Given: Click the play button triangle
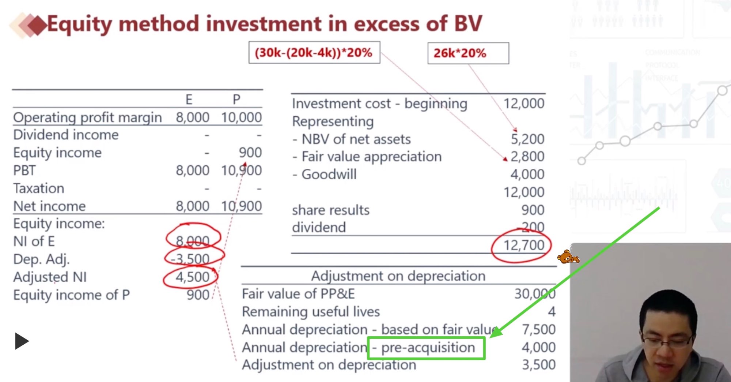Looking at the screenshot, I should click(22, 341).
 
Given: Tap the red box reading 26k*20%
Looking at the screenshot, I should click(468, 53).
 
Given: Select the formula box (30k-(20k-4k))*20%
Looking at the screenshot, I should click(314, 53).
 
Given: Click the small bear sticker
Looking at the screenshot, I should click(567, 257).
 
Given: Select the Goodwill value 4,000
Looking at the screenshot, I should click(527, 175).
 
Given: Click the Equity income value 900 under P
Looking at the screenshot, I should click(250, 153).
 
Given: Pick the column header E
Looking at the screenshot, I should click(189, 100).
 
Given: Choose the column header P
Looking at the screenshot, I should click(236, 100).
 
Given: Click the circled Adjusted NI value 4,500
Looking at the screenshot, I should click(192, 277).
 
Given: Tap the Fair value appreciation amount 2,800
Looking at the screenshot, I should click(527, 157).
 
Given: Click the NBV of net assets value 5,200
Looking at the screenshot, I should click(527, 139).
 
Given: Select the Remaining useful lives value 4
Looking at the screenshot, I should click(552, 312).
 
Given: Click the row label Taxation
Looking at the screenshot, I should click(39, 188).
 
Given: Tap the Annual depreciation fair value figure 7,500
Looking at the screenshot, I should click(538, 330).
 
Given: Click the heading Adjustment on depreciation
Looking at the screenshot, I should click(398, 276).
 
